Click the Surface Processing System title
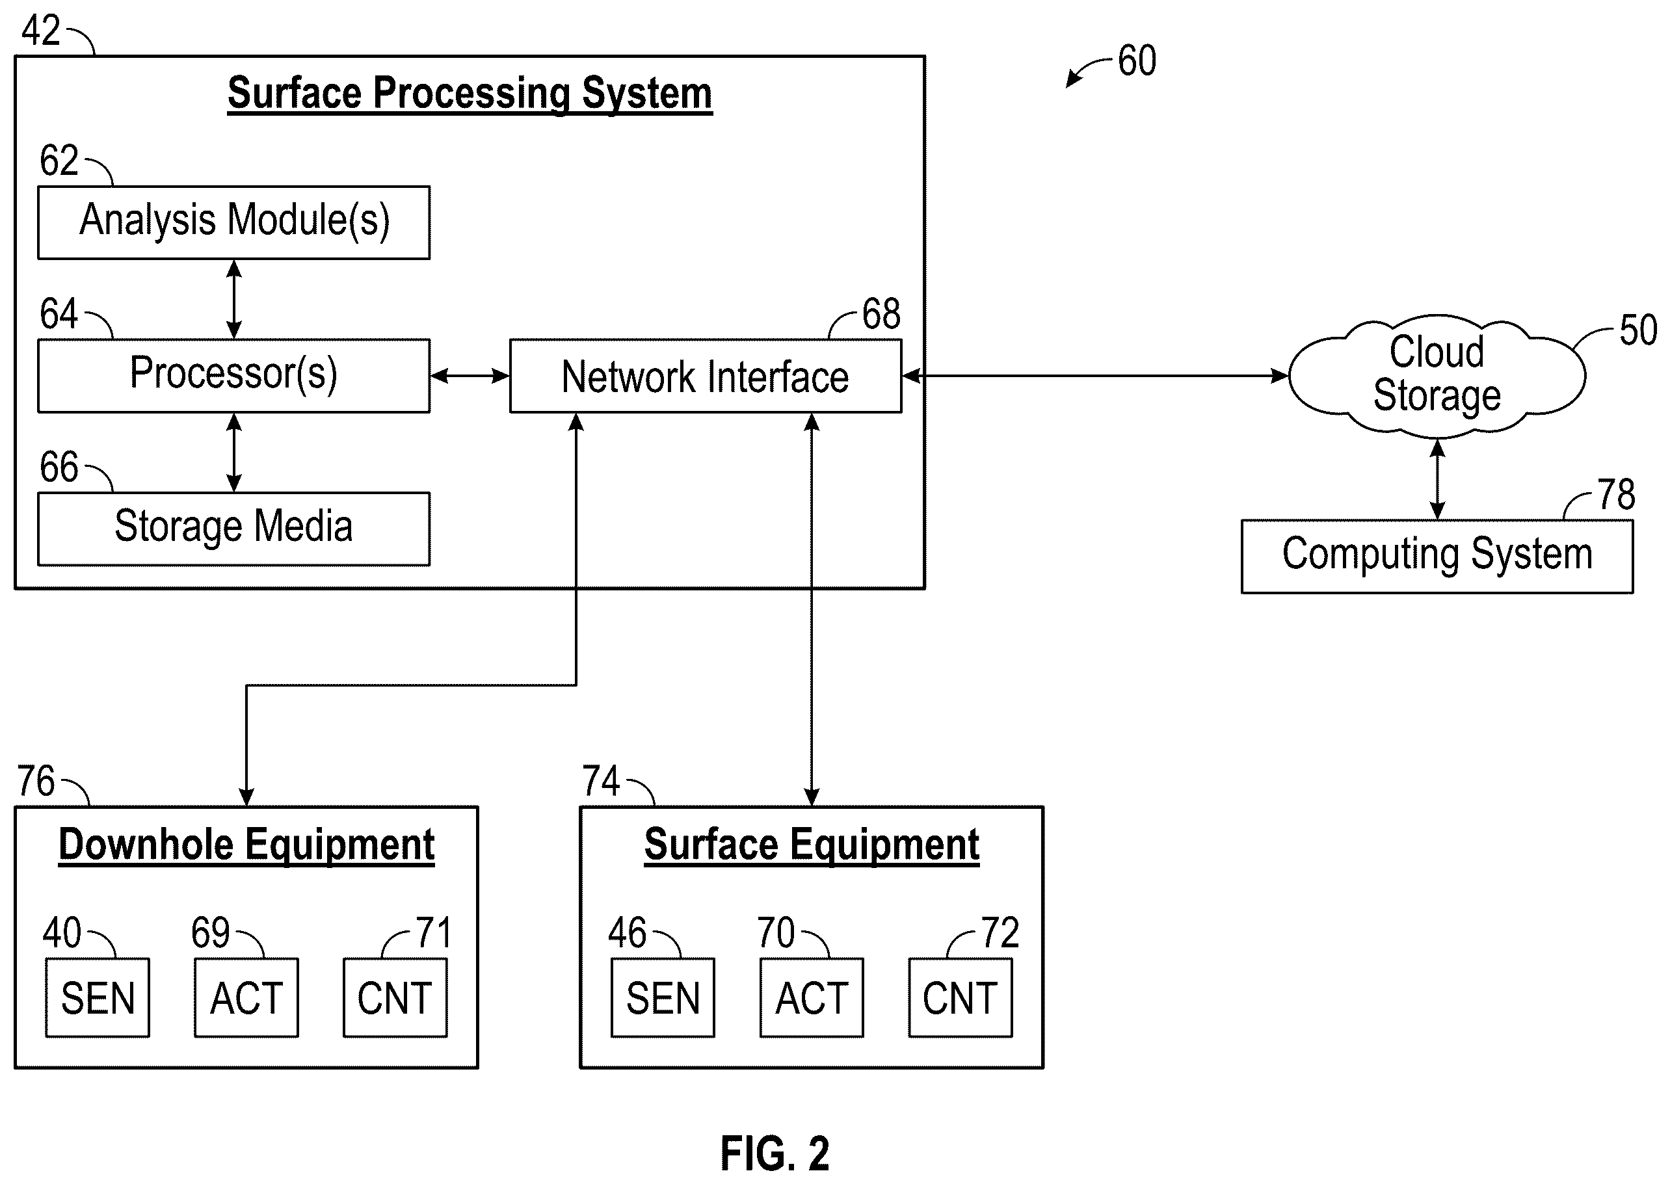coord(470,94)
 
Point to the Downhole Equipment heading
coord(246,846)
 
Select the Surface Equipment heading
coord(812,846)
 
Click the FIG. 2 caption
coord(775,1154)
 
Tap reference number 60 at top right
coord(1137,60)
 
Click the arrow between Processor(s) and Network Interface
coord(470,376)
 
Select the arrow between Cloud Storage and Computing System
coord(1437,479)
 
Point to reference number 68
coord(881,314)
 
